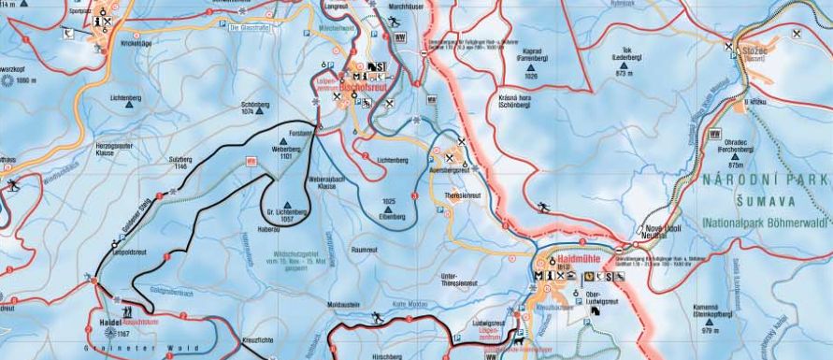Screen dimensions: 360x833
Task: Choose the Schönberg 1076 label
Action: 249,108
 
